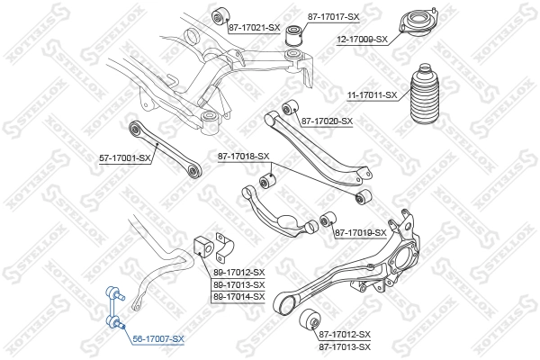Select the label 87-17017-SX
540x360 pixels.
pos(333,17)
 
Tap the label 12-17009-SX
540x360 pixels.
pos(361,39)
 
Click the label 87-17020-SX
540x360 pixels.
pos(327,121)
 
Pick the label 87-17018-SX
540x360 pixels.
pos(243,157)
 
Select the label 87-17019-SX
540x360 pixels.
pos(360,233)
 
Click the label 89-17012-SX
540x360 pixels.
pos(238,272)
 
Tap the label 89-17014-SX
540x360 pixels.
pos(238,296)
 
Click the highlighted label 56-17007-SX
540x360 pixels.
pos(157,339)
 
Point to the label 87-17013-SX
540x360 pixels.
pos(345,346)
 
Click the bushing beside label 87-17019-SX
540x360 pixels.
pos(328,219)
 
